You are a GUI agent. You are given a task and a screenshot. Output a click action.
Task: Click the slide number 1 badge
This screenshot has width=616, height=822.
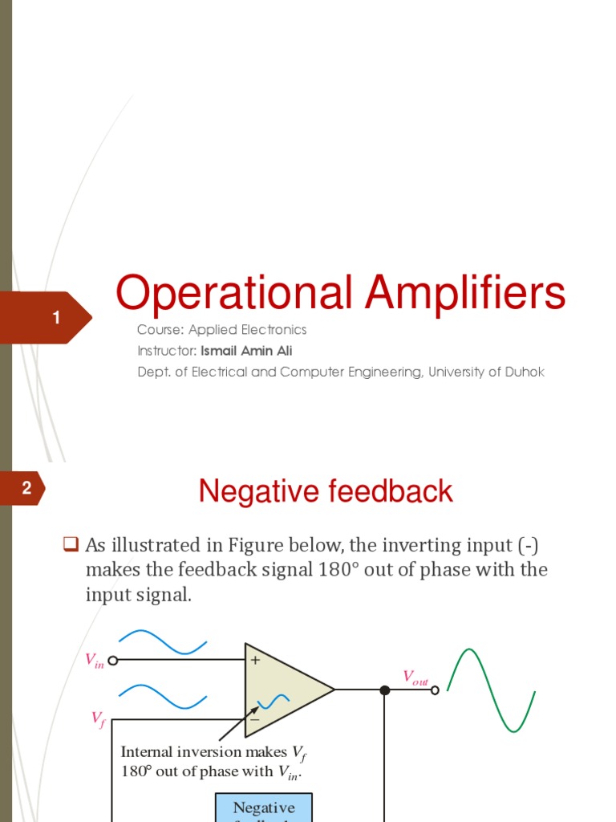coord(55,319)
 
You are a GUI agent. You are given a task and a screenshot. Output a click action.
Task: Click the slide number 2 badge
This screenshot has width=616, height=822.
coord(26,488)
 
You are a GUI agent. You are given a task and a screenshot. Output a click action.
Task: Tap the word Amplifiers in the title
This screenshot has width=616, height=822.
coord(465,294)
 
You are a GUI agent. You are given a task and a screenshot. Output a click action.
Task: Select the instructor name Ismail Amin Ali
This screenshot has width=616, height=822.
coord(246,351)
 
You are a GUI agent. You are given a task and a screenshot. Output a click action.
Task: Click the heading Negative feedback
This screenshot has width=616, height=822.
coord(326,491)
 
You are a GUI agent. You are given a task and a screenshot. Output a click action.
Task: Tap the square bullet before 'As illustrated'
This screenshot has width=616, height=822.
coord(70,546)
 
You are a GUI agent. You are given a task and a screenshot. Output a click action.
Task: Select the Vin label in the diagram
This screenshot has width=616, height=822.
coord(95,661)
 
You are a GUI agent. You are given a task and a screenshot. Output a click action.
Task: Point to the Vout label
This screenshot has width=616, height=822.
coord(415,678)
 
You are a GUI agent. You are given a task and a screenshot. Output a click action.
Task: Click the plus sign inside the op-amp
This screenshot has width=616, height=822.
coord(256,661)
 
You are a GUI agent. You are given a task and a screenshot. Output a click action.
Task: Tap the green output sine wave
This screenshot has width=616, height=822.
coord(490,690)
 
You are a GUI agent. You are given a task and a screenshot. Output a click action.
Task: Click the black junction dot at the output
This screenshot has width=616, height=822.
coord(384,690)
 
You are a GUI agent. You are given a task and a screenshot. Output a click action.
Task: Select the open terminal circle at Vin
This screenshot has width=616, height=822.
coord(113,661)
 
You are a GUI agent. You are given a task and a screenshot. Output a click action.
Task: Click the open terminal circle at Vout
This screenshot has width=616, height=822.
coord(436,690)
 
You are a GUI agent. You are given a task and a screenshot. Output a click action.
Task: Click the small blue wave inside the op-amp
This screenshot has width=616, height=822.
coord(273,702)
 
